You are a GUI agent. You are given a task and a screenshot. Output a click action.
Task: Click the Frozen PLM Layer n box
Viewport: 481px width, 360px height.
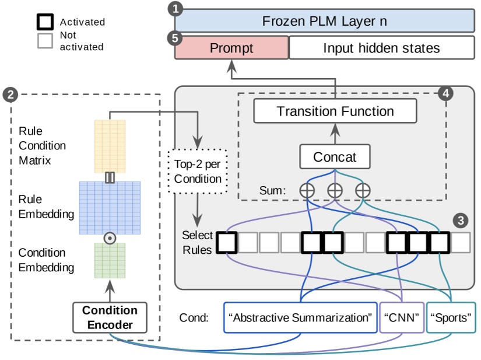coord(324,22)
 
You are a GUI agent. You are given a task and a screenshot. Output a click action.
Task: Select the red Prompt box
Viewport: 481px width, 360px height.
coord(231,48)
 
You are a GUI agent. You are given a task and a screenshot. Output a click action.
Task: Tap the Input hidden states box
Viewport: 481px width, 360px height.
coord(381,48)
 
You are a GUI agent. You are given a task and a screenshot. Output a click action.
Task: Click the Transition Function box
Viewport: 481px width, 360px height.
coord(335,111)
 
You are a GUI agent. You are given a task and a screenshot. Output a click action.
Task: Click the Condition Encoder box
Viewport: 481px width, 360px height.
coord(110,317)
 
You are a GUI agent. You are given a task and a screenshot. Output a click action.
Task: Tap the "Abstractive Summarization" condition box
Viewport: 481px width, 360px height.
coord(300,318)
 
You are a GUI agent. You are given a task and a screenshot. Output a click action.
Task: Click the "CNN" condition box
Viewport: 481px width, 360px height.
coord(402,318)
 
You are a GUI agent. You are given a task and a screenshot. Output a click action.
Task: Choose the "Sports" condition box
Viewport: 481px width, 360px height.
coord(450,318)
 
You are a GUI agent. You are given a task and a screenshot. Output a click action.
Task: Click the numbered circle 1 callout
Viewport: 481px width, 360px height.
coord(174,9)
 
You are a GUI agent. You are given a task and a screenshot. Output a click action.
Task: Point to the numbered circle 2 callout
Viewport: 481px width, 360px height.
coord(10,93)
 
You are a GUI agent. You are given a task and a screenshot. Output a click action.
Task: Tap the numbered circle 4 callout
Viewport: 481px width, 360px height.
coord(446,93)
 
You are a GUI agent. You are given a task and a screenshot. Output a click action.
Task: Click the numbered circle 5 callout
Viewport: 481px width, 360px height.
coord(174,37)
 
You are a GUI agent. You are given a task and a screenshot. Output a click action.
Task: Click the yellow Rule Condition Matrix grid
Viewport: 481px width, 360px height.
coord(110,146)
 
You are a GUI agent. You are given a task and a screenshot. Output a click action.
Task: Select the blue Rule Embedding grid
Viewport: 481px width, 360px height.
coord(110,207)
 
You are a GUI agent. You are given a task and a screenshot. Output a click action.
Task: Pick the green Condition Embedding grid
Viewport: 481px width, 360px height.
coord(110,260)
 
